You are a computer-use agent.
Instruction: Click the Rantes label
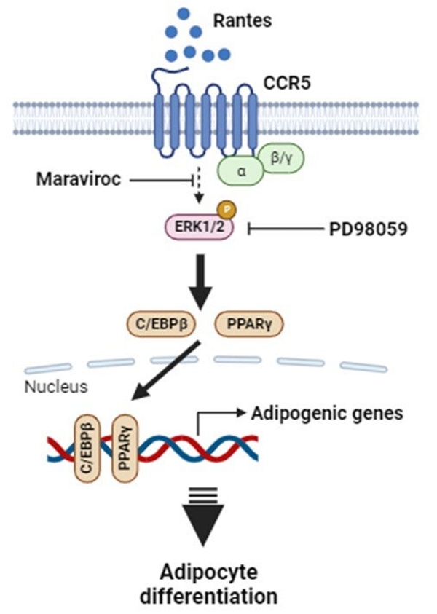click(x=242, y=20)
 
